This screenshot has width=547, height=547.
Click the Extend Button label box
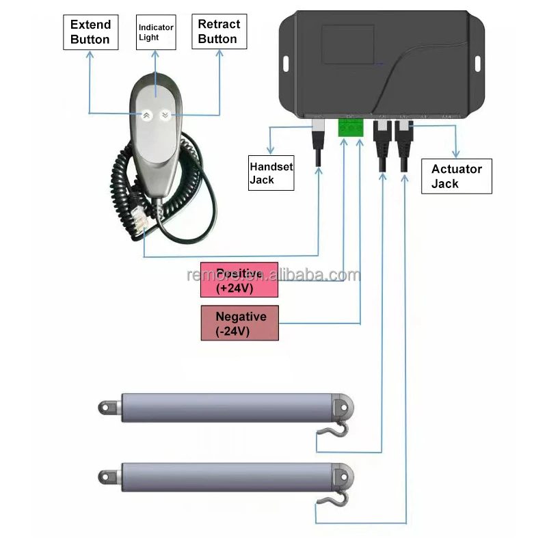click(90, 32)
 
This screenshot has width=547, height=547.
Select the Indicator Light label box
click(156, 32)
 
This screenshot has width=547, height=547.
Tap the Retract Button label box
click(218, 32)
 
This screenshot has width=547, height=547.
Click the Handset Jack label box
click(271, 172)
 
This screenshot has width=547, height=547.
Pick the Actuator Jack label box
click(456, 176)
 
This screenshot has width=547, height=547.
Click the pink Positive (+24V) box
click(239, 280)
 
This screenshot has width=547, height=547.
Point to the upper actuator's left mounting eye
click(108, 408)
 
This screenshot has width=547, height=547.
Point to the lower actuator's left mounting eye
click(108, 475)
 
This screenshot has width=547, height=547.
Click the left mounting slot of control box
click(284, 63)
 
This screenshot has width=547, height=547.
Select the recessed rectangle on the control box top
click(348, 45)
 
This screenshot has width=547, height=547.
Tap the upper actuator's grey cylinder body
click(226, 408)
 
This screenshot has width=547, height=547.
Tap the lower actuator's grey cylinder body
click(226, 475)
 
